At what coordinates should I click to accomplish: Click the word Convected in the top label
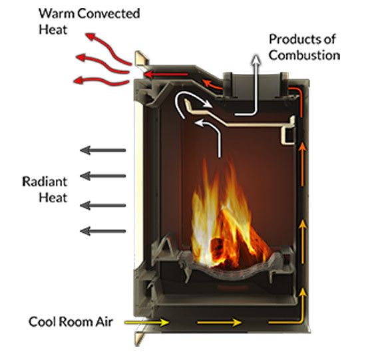108,13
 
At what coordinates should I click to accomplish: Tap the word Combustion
304,55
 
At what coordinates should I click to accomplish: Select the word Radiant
45,182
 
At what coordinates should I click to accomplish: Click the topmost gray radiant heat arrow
103,150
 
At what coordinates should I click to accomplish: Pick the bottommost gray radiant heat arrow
103,231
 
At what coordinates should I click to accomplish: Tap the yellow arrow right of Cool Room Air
147,323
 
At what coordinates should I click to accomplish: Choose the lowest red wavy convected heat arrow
101,81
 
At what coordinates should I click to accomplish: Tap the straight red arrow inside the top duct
166,75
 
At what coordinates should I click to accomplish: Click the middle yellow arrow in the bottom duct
220,323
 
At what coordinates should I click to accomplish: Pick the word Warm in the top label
57,13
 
